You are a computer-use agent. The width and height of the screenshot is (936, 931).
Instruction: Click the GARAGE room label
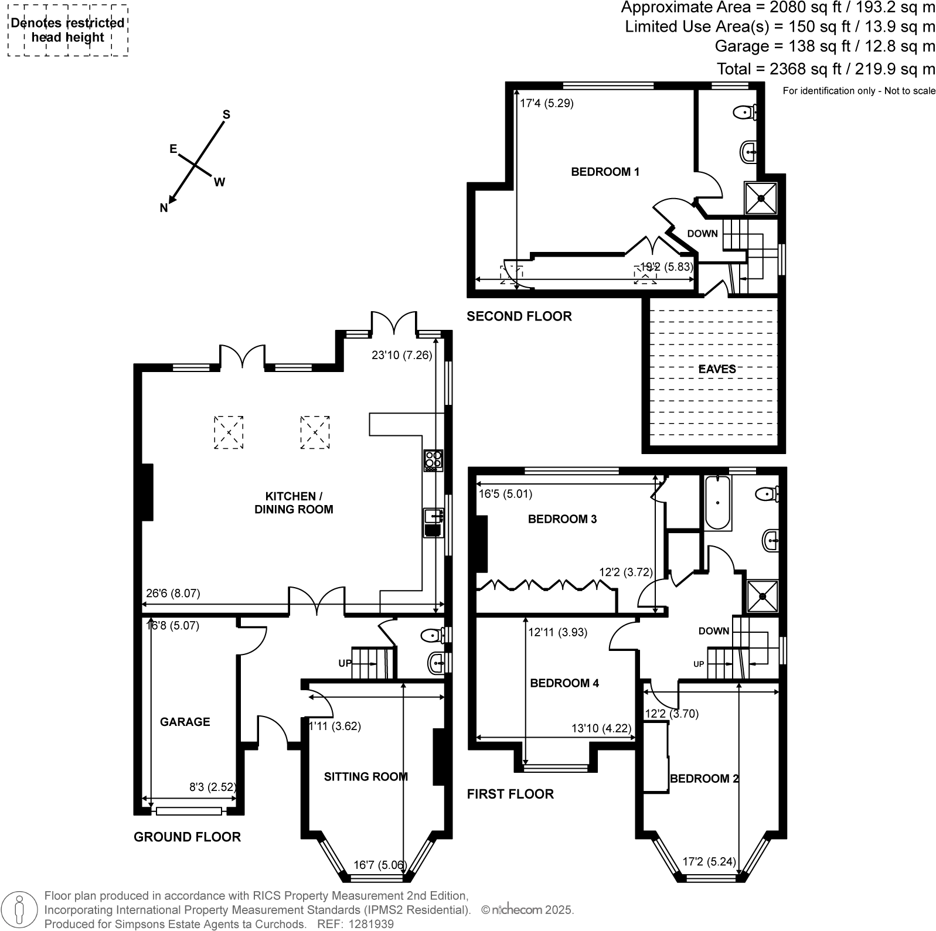(x=185, y=722)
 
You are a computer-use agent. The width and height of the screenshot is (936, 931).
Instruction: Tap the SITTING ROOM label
(x=365, y=777)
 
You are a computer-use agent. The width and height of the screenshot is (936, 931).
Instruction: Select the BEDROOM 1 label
(x=605, y=172)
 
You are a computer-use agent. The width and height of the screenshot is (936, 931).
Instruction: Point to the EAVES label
(x=717, y=369)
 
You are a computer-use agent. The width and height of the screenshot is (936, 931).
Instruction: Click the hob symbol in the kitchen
(x=434, y=461)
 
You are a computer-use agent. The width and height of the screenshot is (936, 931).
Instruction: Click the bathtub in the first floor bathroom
(x=717, y=503)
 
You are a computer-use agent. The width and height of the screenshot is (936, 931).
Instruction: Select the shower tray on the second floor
(x=761, y=198)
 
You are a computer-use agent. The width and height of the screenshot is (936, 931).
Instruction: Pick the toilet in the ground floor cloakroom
(x=433, y=635)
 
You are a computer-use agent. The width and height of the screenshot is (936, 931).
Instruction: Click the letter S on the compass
(x=226, y=115)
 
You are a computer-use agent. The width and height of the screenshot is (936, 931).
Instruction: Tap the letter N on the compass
(x=164, y=208)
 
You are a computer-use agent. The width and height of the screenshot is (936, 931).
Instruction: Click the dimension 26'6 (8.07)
(x=173, y=593)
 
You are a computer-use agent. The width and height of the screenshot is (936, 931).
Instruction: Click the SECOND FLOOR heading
(x=519, y=316)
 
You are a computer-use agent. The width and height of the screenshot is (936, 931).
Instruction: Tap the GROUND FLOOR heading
(x=187, y=837)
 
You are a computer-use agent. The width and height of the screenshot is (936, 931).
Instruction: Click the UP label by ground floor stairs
(x=345, y=663)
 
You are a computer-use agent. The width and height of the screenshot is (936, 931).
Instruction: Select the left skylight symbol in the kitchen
(x=229, y=432)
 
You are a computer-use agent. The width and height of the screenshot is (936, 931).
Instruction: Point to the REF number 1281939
(x=370, y=924)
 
